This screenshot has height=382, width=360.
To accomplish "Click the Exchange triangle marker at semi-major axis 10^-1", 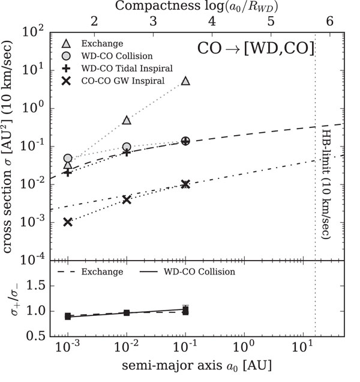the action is click(x=186, y=81).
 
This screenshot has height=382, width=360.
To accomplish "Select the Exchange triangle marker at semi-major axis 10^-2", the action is click(x=127, y=120).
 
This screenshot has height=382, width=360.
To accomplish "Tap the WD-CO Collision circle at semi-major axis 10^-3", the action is click(x=68, y=158).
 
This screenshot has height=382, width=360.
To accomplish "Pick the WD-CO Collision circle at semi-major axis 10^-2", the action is click(x=127, y=147).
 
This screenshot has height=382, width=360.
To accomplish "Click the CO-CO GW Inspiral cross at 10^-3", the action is click(x=68, y=222).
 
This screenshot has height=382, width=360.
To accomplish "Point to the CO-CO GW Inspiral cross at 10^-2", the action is click(x=127, y=200).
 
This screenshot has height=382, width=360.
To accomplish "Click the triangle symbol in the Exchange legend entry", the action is click(x=66, y=44).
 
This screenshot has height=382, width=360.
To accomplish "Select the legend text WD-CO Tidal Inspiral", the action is click(x=127, y=68).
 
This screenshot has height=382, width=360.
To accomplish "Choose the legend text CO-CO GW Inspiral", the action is click(x=123, y=81).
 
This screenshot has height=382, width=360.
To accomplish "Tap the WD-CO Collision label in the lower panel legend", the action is click(x=199, y=271).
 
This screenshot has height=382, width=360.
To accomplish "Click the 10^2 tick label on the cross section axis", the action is click(x=33, y=32).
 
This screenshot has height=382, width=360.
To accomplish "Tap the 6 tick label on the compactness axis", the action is click(x=329, y=21).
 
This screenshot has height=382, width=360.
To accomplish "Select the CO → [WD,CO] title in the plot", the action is click(x=256, y=48).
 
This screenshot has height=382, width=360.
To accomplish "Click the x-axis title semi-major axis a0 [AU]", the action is click(x=197, y=366).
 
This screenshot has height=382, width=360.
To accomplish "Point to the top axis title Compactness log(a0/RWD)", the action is click(x=197, y=7).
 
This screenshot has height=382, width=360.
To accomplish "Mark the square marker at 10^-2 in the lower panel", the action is click(x=127, y=313).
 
